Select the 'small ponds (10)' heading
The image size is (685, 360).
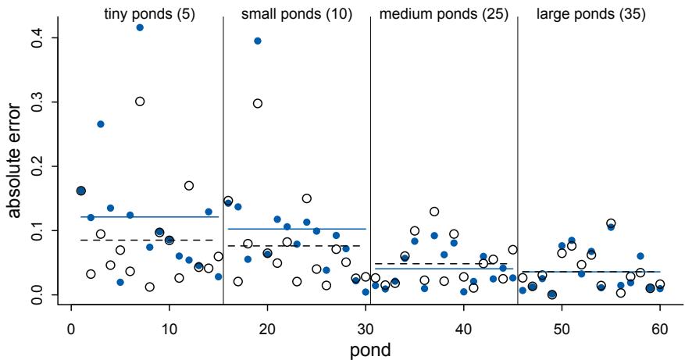click(x=296, y=15)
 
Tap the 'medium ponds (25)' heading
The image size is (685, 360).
click(x=443, y=15)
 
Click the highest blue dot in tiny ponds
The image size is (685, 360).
click(x=140, y=27)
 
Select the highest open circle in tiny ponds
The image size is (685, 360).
click(x=140, y=102)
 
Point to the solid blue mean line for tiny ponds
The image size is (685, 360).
click(x=148, y=217)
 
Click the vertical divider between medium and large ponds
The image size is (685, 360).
click(x=517, y=156)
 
